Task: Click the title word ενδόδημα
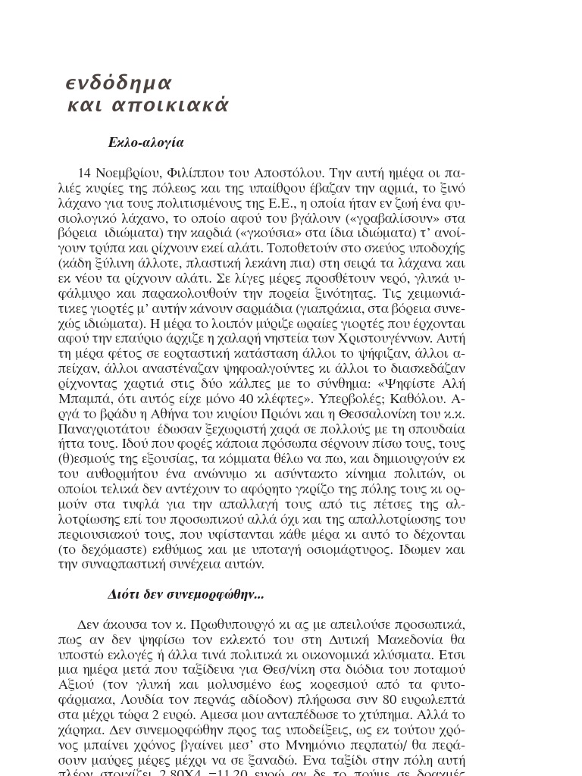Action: tap(119, 83)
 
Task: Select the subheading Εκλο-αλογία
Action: tap(145, 142)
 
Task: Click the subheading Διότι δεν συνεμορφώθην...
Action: tap(185, 594)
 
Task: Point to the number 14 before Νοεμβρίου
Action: tap(85, 173)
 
